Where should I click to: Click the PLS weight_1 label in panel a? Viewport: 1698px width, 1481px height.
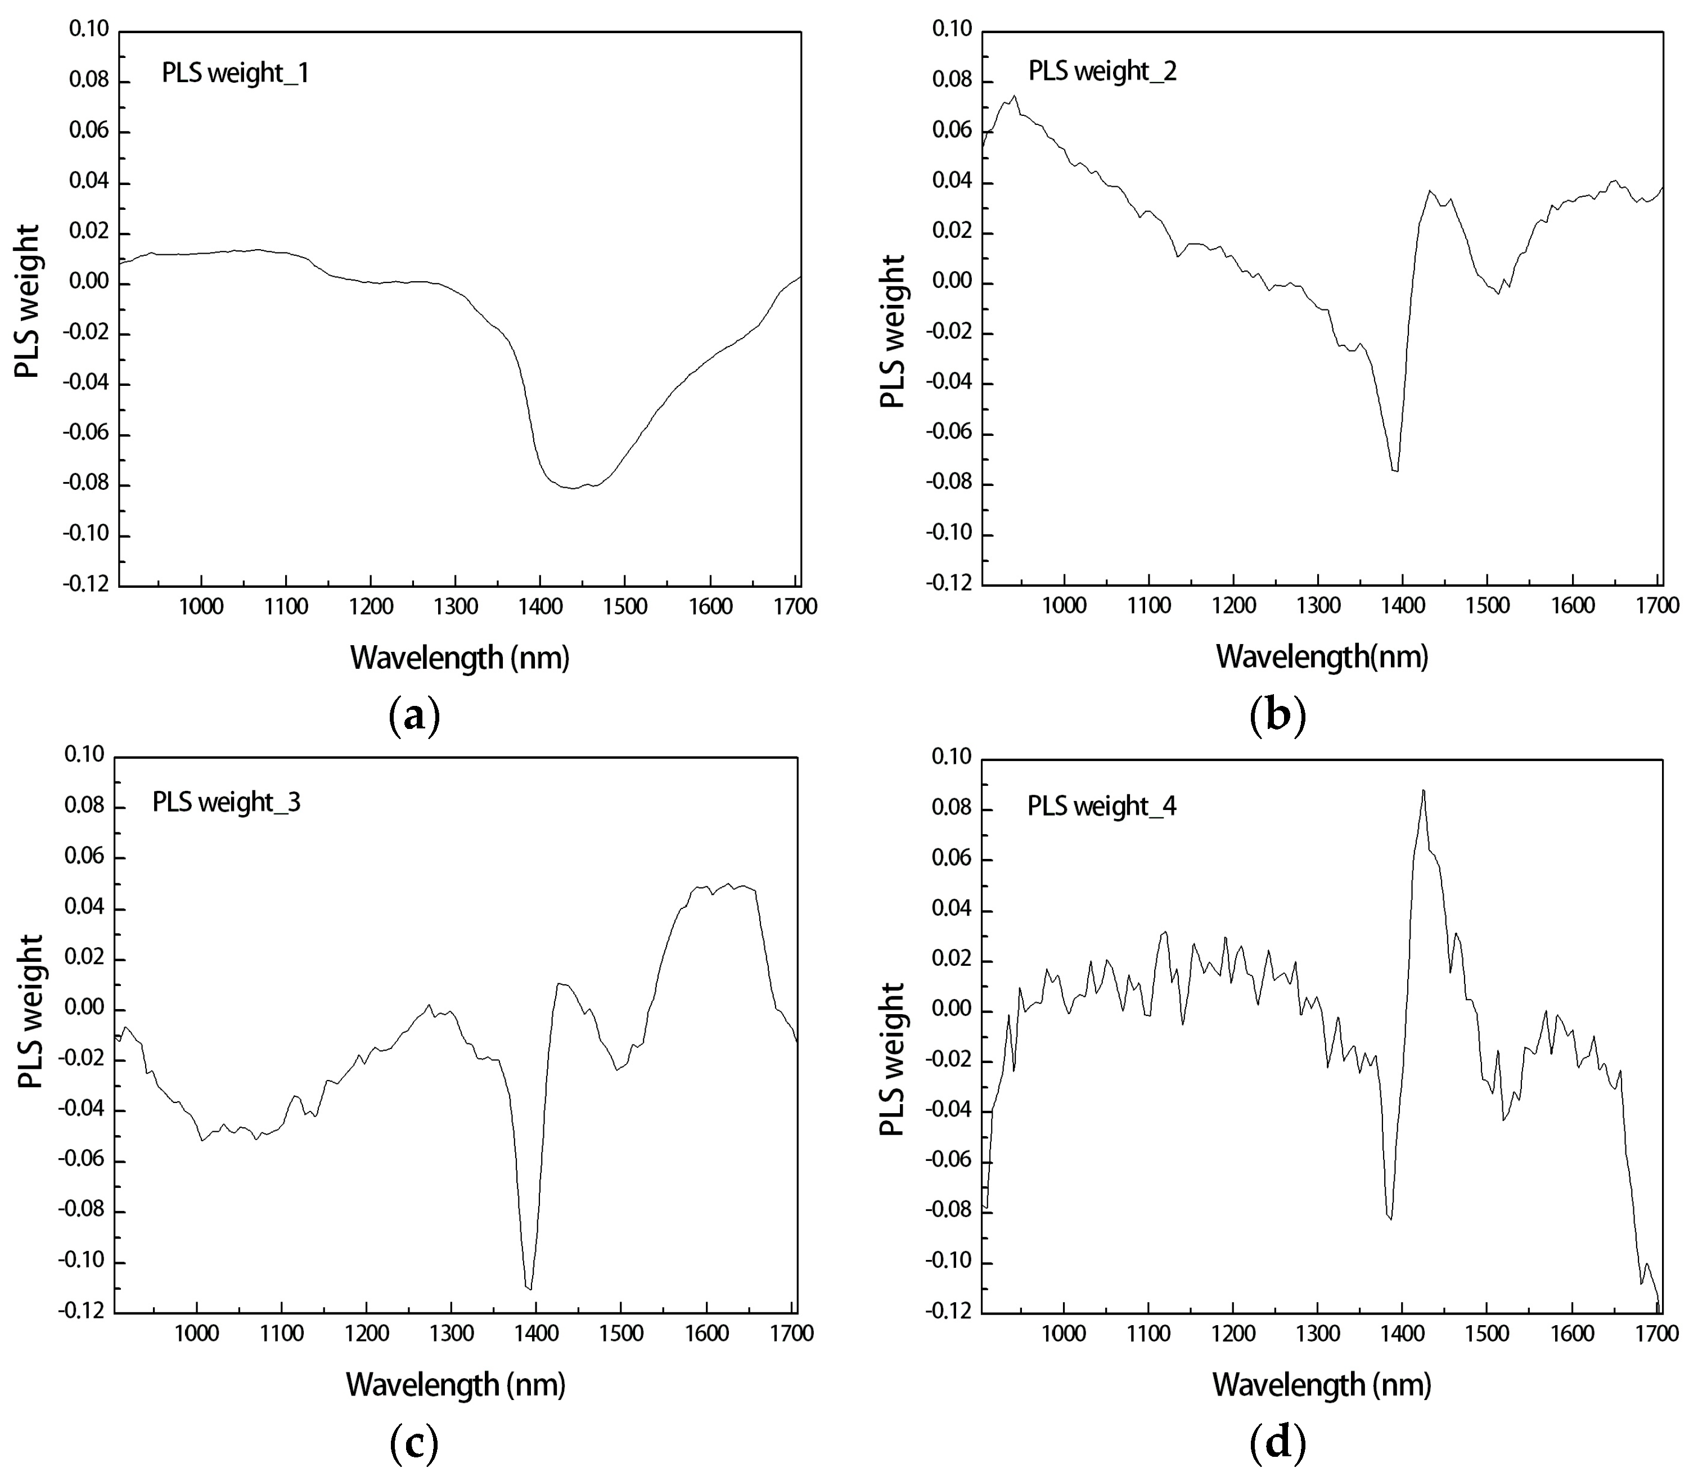pyautogui.click(x=236, y=74)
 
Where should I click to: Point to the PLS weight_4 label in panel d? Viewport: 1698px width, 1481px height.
pyautogui.click(x=1101, y=806)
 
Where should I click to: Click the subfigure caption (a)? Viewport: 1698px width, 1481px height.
pyautogui.click(x=414, y=715)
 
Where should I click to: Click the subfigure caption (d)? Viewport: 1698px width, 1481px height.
pyautogui.click(x=1278, y=1443)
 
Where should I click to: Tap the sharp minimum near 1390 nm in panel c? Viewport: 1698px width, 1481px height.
pyautogui.click(x=529, y=1288)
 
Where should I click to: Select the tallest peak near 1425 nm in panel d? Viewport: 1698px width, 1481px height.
pyautogui.click(x=1423, y=790)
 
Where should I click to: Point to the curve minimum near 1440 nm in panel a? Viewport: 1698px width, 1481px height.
pyautogui.click(x=572, y=488)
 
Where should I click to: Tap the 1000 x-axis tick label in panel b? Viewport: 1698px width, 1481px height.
pyautogui.click(x=1064, y=606)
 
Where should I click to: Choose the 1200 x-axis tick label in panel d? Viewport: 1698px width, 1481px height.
pyautogui.click(x=1233, y=1334)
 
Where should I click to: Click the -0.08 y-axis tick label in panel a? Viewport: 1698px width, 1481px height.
pyautogui.click(x=84, y=485)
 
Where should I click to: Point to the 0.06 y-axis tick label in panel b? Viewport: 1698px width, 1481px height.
pyautogui.click(x=951, y=132)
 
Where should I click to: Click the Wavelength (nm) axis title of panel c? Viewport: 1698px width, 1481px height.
pyautogui.click(x=455, y=1384)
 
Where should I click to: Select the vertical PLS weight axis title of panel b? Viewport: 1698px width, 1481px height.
pyautogui.click(x=893, y=331)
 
